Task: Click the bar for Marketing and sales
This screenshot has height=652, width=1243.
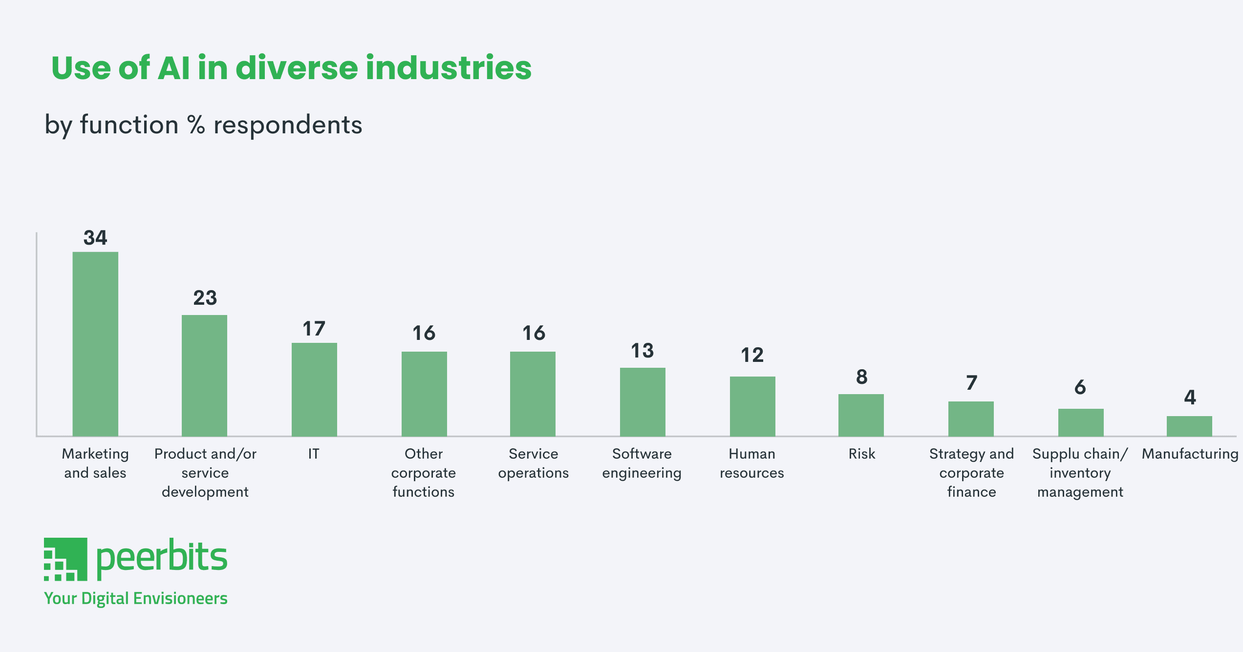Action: tap(95, 344)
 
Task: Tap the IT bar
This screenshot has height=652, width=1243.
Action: tap(314, 389)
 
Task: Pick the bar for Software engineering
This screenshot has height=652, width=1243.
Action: tap(643, 401)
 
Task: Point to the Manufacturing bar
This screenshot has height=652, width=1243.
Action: tap(1189, 426)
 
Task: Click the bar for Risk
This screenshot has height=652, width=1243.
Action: tap(861, 415)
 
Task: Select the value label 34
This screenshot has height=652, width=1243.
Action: tap(95, 238)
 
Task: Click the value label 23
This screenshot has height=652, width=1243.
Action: tap(205, 298)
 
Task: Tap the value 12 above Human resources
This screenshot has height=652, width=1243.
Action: tap(752, 355)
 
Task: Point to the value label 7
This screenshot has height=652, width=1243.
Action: tap(971, 382)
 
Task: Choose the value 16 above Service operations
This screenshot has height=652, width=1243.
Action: tap(534, 333)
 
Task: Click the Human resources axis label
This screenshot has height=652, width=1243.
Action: tap(752, 463)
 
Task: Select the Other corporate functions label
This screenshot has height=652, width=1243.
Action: tap(424, 472)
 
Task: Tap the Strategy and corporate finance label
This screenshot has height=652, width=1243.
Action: tap(971, 472)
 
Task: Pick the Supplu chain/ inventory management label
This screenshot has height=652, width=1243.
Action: tap(1080, 472)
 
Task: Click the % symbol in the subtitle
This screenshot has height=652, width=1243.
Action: tap(196, 125)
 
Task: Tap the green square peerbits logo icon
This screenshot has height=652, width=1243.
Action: tap(65, 559)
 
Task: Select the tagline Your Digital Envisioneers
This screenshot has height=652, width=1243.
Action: tap(136, 598)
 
